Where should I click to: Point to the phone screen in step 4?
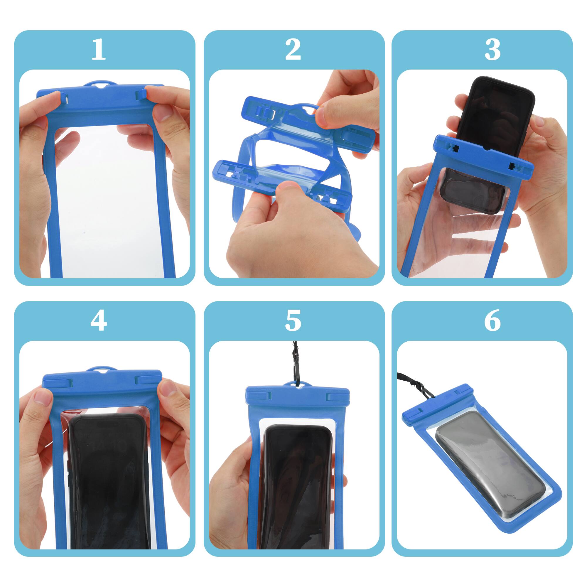coord(109,474)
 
